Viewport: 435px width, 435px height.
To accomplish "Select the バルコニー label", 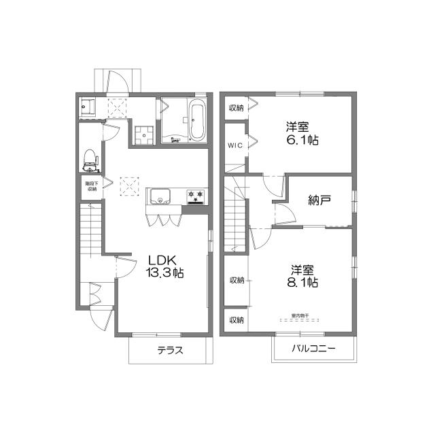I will pos(313,349).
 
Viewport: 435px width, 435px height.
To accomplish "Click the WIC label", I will pos(234,145).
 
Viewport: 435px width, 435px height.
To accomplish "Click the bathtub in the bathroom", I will pos(197,121).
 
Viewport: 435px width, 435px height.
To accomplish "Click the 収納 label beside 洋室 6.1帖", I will pos(235,107).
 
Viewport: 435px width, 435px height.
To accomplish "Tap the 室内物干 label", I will pos(300,315).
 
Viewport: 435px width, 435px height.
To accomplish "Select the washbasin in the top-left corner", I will pos(86,107).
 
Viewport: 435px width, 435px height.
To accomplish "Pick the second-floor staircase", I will pos(235,217).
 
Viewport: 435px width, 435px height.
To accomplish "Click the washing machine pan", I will pos(144,134).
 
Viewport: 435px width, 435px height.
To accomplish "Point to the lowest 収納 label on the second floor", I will pos(236,319).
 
